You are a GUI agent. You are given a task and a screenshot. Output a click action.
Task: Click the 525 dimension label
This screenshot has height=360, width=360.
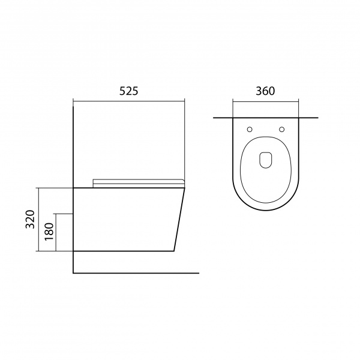click(x=129, y=91)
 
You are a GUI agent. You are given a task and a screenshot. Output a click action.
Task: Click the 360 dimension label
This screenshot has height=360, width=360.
click(x=265, y=91)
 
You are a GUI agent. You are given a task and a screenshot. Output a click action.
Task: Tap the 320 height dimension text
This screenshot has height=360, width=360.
click(x=30, y=219)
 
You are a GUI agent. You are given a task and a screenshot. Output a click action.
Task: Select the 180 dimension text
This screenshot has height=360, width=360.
click(x=49, y=232)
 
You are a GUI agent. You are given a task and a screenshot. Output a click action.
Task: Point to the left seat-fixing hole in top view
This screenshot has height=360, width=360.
click(x=250, y=130)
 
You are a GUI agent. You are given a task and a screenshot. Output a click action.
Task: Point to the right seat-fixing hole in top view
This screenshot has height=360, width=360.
click(x=282, y=130)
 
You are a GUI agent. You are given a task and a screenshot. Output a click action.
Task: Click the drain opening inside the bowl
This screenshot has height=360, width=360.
click(x=266, y=160)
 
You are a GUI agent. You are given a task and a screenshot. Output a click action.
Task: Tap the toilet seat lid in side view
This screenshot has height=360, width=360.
click(x=139, y=183)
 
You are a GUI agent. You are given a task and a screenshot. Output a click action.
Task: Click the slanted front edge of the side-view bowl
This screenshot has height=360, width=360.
click(x=179, y=220)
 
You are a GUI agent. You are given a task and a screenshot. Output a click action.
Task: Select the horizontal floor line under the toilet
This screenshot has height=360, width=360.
click(x=136, y=273)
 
